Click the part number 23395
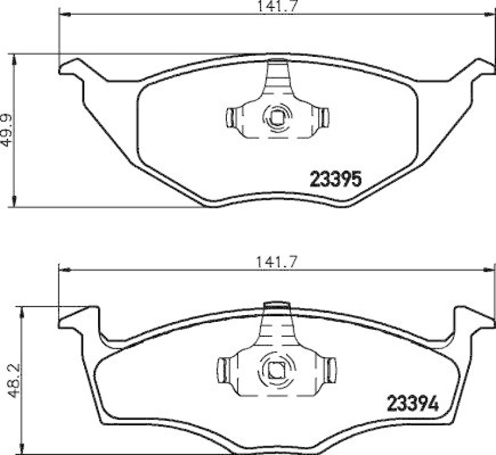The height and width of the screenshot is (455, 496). [335, 180]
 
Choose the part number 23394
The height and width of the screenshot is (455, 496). [412, 404]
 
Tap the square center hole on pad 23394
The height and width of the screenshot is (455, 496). [275, 371]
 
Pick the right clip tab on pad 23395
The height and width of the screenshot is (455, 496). [324, 116]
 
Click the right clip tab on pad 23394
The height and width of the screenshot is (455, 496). [332, 370]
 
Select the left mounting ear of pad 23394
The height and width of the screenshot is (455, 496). [78, 317]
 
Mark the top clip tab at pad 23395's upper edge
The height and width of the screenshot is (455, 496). [278, 63]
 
